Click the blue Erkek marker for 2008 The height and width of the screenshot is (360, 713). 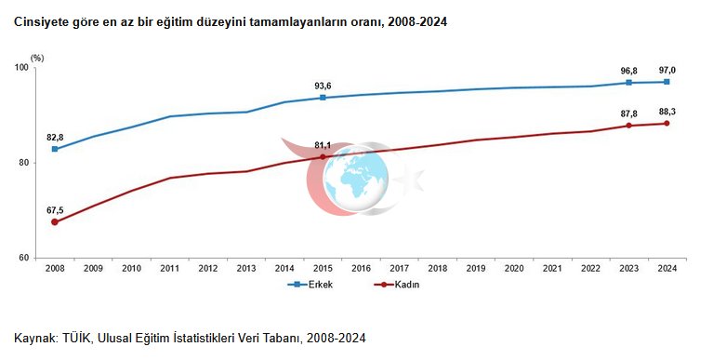pos(55,149)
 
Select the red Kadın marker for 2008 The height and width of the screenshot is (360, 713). pos(55,222)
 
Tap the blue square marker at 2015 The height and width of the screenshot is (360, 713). pos(323,98)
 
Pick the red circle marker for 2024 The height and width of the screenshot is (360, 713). pos(667,124)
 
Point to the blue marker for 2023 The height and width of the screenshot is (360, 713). pos(629,83)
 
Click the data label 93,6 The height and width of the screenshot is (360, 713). pos(323,86)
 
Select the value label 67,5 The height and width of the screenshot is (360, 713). pos(55,210)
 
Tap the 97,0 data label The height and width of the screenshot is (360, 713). pos(667,70)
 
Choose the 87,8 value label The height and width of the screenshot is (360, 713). pos(629,113)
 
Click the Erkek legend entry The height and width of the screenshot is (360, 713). pos(310,285)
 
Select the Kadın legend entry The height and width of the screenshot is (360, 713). pos(397,285)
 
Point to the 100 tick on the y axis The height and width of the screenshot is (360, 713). pos(21,68)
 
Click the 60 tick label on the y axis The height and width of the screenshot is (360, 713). pos(24,258)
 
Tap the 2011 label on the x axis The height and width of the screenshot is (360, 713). pos(169,269)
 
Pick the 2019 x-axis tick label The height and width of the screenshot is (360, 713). pos(476,269)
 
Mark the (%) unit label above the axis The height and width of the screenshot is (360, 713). pos(37,58)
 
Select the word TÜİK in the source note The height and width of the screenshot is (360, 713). pos(75,339)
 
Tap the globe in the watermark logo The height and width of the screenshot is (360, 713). pos(356,179)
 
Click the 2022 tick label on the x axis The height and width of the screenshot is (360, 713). pos(590,269)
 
